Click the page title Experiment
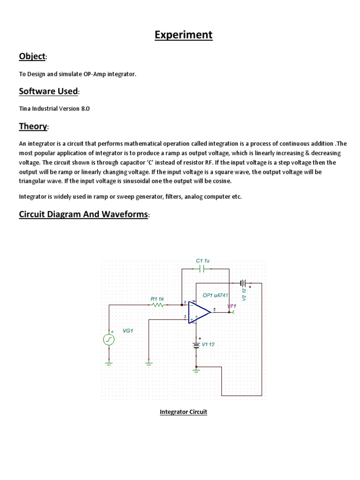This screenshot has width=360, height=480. pos(183,35)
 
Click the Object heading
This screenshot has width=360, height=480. pos(32,57)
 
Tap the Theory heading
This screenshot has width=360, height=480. pos(33,126)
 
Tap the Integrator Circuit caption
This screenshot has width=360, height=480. pos(183,412)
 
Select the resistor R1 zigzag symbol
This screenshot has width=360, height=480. pos(157,305)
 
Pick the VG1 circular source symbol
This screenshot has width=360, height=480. pos(109,339)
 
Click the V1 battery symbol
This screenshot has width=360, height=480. pos(196,345)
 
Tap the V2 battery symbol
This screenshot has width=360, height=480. pos(243,283)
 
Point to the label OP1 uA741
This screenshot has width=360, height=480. pos(215,295)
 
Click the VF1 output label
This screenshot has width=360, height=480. pos(232,306)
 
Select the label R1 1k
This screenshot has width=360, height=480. pos(157,299)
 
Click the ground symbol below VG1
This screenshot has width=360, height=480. pos(109,362)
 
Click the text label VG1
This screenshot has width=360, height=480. pos(128,330)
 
